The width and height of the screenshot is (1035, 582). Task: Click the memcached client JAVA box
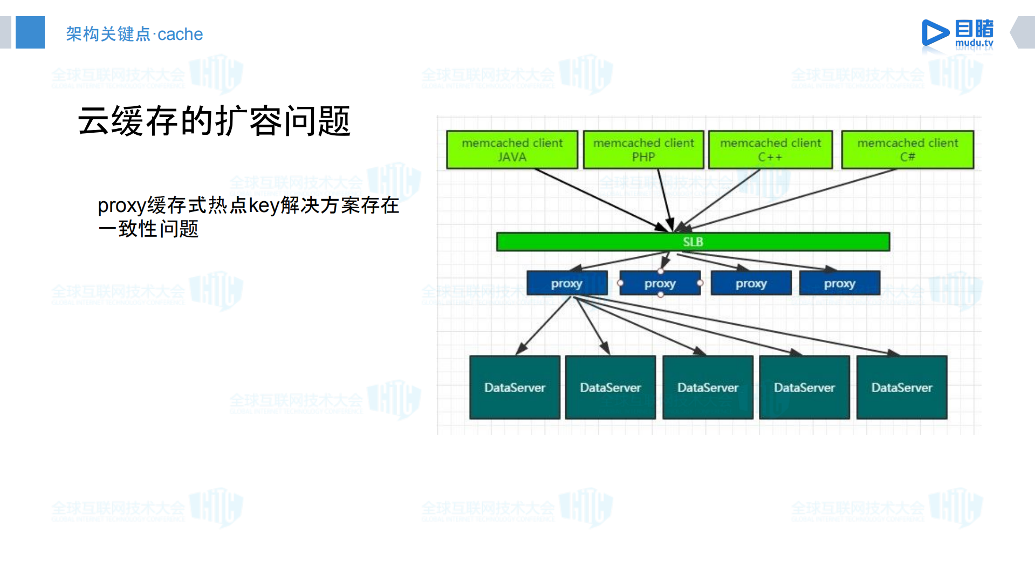512,149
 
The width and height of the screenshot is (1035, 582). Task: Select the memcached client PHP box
643,149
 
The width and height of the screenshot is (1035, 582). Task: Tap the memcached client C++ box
770,149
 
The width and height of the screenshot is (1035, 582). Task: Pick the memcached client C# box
908,149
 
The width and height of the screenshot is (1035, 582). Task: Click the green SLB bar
693,242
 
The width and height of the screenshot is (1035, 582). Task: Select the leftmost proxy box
566,283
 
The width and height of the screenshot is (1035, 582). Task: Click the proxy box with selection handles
660,283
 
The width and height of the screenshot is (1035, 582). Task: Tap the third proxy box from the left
751,283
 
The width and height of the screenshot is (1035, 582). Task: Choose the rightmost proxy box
839,283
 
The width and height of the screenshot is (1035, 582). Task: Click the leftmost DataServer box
515,387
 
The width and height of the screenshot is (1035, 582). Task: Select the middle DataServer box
708,387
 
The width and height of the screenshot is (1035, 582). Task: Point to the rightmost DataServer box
901,387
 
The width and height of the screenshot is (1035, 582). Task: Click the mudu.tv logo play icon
934,33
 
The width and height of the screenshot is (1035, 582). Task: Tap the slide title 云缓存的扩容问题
214,121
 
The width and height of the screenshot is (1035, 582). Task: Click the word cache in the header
180,34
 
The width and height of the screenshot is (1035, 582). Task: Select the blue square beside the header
30,32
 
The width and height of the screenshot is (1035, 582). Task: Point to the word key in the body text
264,206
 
